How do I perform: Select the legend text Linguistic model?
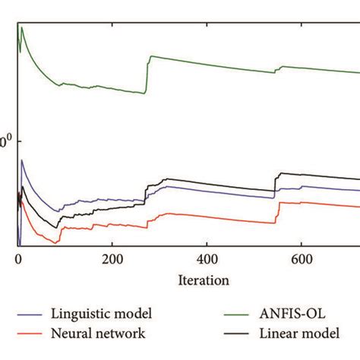coord(102,313)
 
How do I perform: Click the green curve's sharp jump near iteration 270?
coord(147,74)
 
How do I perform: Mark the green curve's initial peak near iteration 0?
coord(22,28)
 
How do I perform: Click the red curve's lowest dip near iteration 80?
coord(57,242)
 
